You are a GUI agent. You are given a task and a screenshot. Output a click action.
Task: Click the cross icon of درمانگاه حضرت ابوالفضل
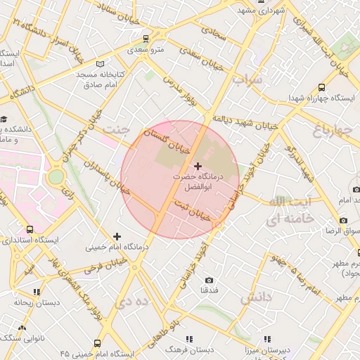coord(197,166)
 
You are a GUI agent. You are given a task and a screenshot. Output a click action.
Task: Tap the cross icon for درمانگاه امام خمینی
coord(117,236)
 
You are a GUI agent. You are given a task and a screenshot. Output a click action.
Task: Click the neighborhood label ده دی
coord(134,301)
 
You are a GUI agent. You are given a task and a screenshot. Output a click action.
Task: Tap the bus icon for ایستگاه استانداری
coord(30,229)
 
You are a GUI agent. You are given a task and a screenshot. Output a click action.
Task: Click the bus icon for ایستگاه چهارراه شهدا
coord(321,88)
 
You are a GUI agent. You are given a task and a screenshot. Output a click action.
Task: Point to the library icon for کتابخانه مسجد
coord(99,64)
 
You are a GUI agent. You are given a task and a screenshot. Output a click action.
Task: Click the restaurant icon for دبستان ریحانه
coord(37,291)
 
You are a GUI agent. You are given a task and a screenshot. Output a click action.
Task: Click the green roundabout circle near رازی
coord(55,177)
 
